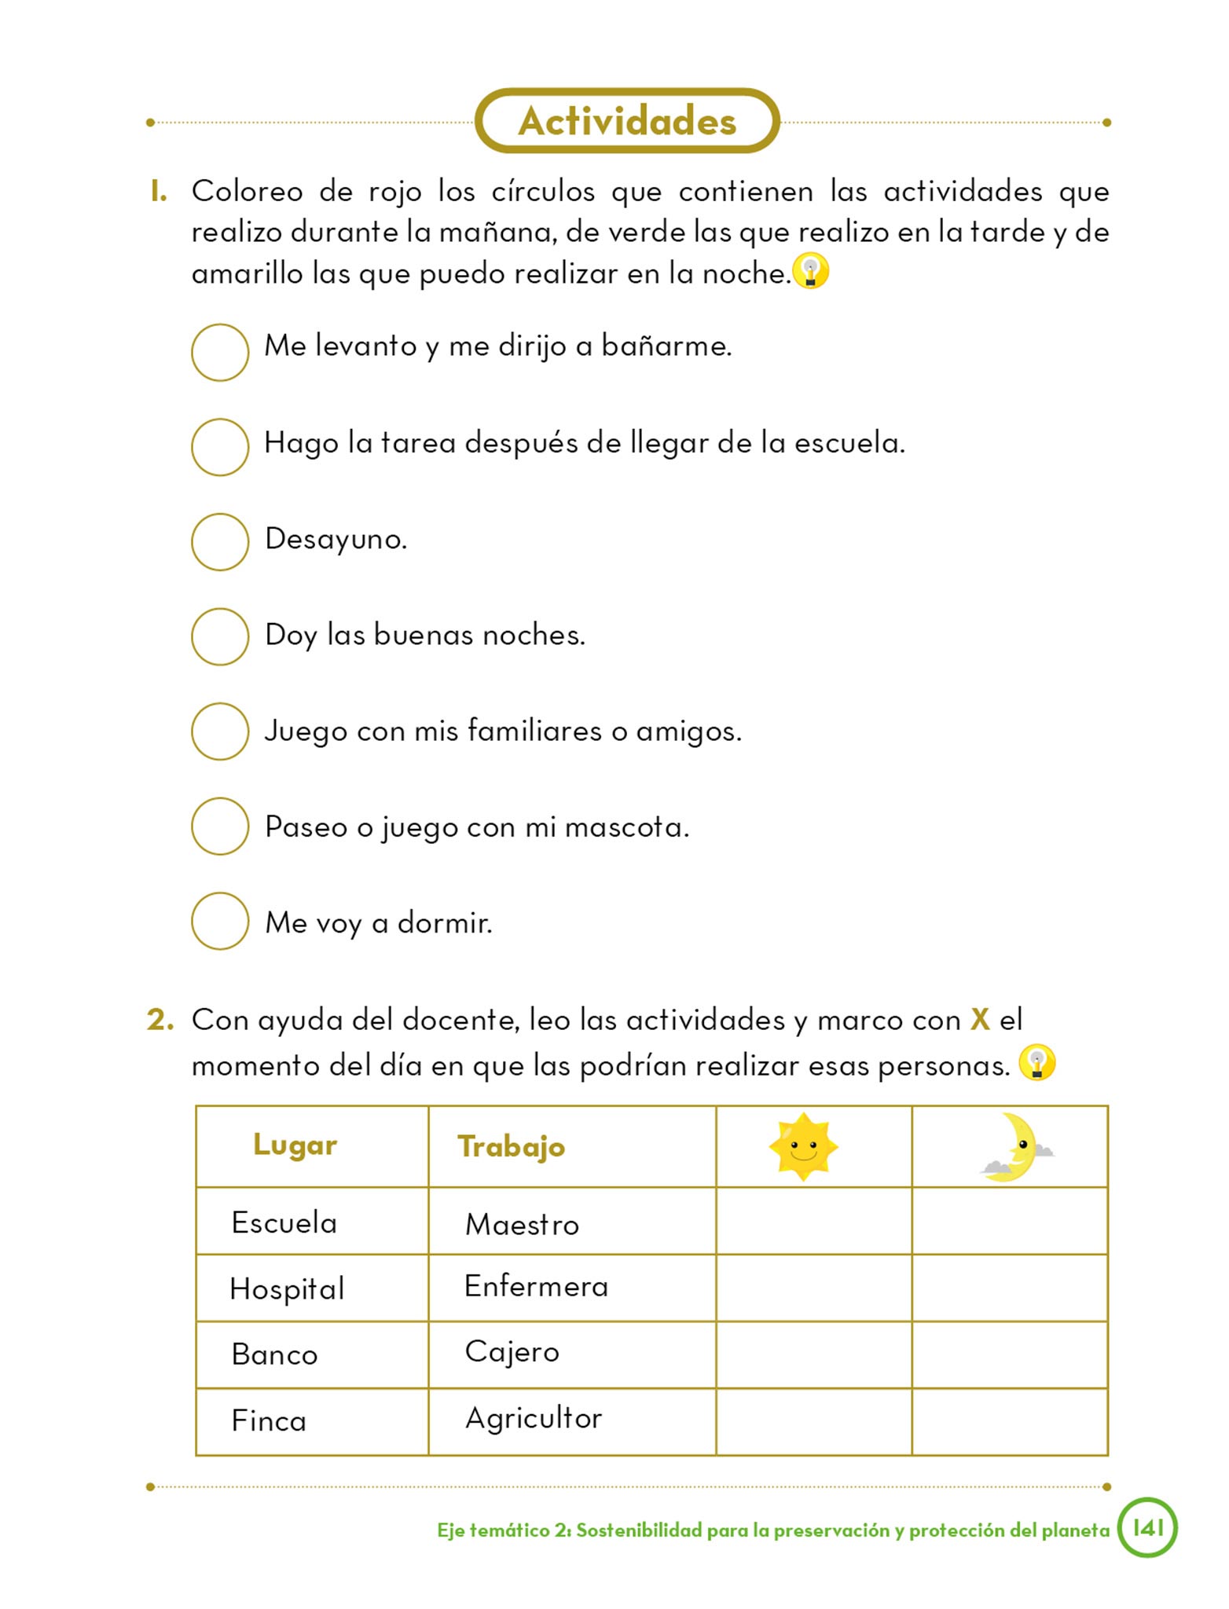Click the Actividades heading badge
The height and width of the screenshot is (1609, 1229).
pyautogui.click(x=627, y=121)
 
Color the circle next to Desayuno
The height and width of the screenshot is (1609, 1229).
pyautogui.click(x=220, y=541)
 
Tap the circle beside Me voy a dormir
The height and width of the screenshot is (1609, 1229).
pyautogui.click(x=220, y=921)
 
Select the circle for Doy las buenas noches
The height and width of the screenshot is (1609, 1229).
pyautogui.click(x=220, y=636)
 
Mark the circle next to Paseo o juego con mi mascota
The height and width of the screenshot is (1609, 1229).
pyautogui.click(x=220, y=826)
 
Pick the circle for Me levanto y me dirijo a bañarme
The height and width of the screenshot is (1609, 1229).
pyautogui.click(x=220, y=352)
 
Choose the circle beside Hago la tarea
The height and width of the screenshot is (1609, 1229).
pyautogui.click(x=220, y=446)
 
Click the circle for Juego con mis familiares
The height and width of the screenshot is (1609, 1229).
pyautogui.click(x=220, y=731)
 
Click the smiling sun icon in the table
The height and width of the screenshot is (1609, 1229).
pyautogui.click(x=803, y=1147)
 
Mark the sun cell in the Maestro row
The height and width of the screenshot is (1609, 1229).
pyautogui.click(x=813, y=1221)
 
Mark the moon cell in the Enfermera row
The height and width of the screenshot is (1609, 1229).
pyautogui.click(x=1010, y=1288)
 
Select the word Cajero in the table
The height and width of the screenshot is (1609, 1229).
pyautogui.click(x=512, y=1352)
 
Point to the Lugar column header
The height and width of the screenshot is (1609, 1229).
pyautogui.click(x=295, y=1145)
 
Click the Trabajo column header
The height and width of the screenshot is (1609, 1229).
pyautogui.click(x=511, y=1147)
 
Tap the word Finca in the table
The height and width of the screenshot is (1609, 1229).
pyautogui.click(x=269, y=1420)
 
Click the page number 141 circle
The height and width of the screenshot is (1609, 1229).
pyautogui.click(x=1147, y=1527)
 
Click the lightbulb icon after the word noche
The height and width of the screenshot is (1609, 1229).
pyautogui.click(x=810, y=272)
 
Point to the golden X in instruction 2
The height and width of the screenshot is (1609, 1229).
pyautogui.click(x=980, y=1019)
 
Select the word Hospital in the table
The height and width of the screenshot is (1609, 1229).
pyautogui.click(x=287, y=1289)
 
